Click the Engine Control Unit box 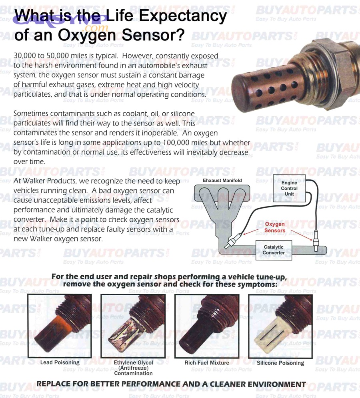click(289, 188)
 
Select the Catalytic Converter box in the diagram click(274, 250)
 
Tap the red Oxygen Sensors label click(275, 227)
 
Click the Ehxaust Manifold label click(222, 181)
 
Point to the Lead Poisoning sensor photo click(60, 326)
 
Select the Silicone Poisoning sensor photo click(280, 326)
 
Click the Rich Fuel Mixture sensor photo click(207, 326)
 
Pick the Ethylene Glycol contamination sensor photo click(133, 326)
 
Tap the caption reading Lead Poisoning click(60, 363)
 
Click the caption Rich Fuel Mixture click(207, 363)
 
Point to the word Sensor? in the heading click(154, 35)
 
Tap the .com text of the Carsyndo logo click(96, 28)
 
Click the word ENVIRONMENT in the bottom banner click(276, 384)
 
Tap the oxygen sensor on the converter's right click(316, 242)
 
